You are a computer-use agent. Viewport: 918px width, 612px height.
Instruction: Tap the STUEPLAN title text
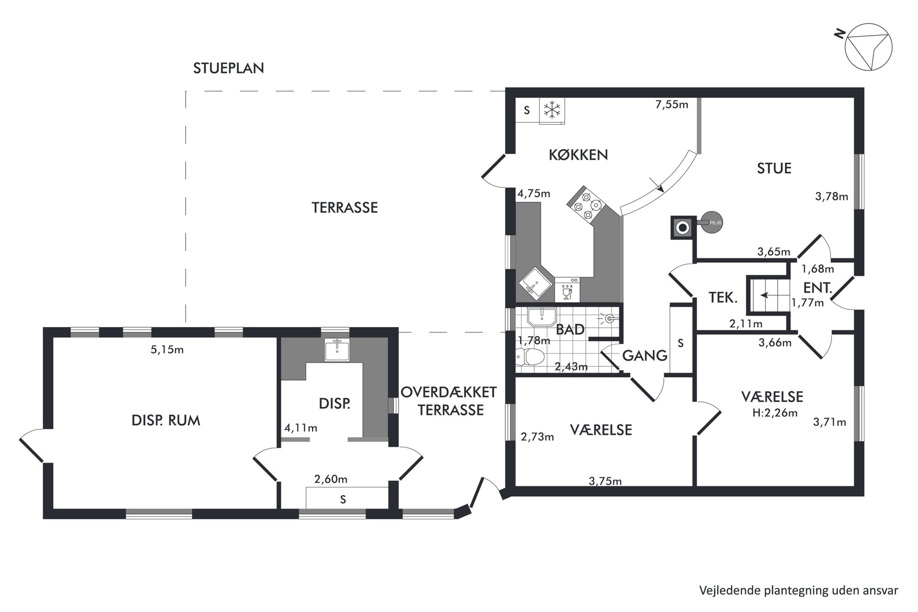229,68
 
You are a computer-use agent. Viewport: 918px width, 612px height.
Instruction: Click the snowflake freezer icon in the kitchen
552,110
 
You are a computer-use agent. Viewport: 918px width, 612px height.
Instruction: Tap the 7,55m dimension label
671,105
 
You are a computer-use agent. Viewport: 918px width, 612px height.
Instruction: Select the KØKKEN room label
578,155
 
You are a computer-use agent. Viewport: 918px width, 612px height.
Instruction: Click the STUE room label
774,168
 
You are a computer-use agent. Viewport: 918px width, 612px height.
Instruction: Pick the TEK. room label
723,298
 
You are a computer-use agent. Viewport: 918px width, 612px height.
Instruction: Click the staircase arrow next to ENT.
768,295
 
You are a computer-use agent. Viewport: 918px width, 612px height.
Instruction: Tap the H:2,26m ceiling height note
775,413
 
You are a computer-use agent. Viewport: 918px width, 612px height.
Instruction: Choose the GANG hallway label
645,356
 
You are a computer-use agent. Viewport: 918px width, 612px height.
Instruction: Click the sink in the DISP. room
337,350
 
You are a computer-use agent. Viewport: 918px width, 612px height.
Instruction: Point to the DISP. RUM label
166,421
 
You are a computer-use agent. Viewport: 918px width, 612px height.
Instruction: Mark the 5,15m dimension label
167,350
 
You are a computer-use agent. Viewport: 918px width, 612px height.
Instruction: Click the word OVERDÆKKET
449,392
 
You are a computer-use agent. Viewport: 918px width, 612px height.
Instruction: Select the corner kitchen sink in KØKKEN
535,283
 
